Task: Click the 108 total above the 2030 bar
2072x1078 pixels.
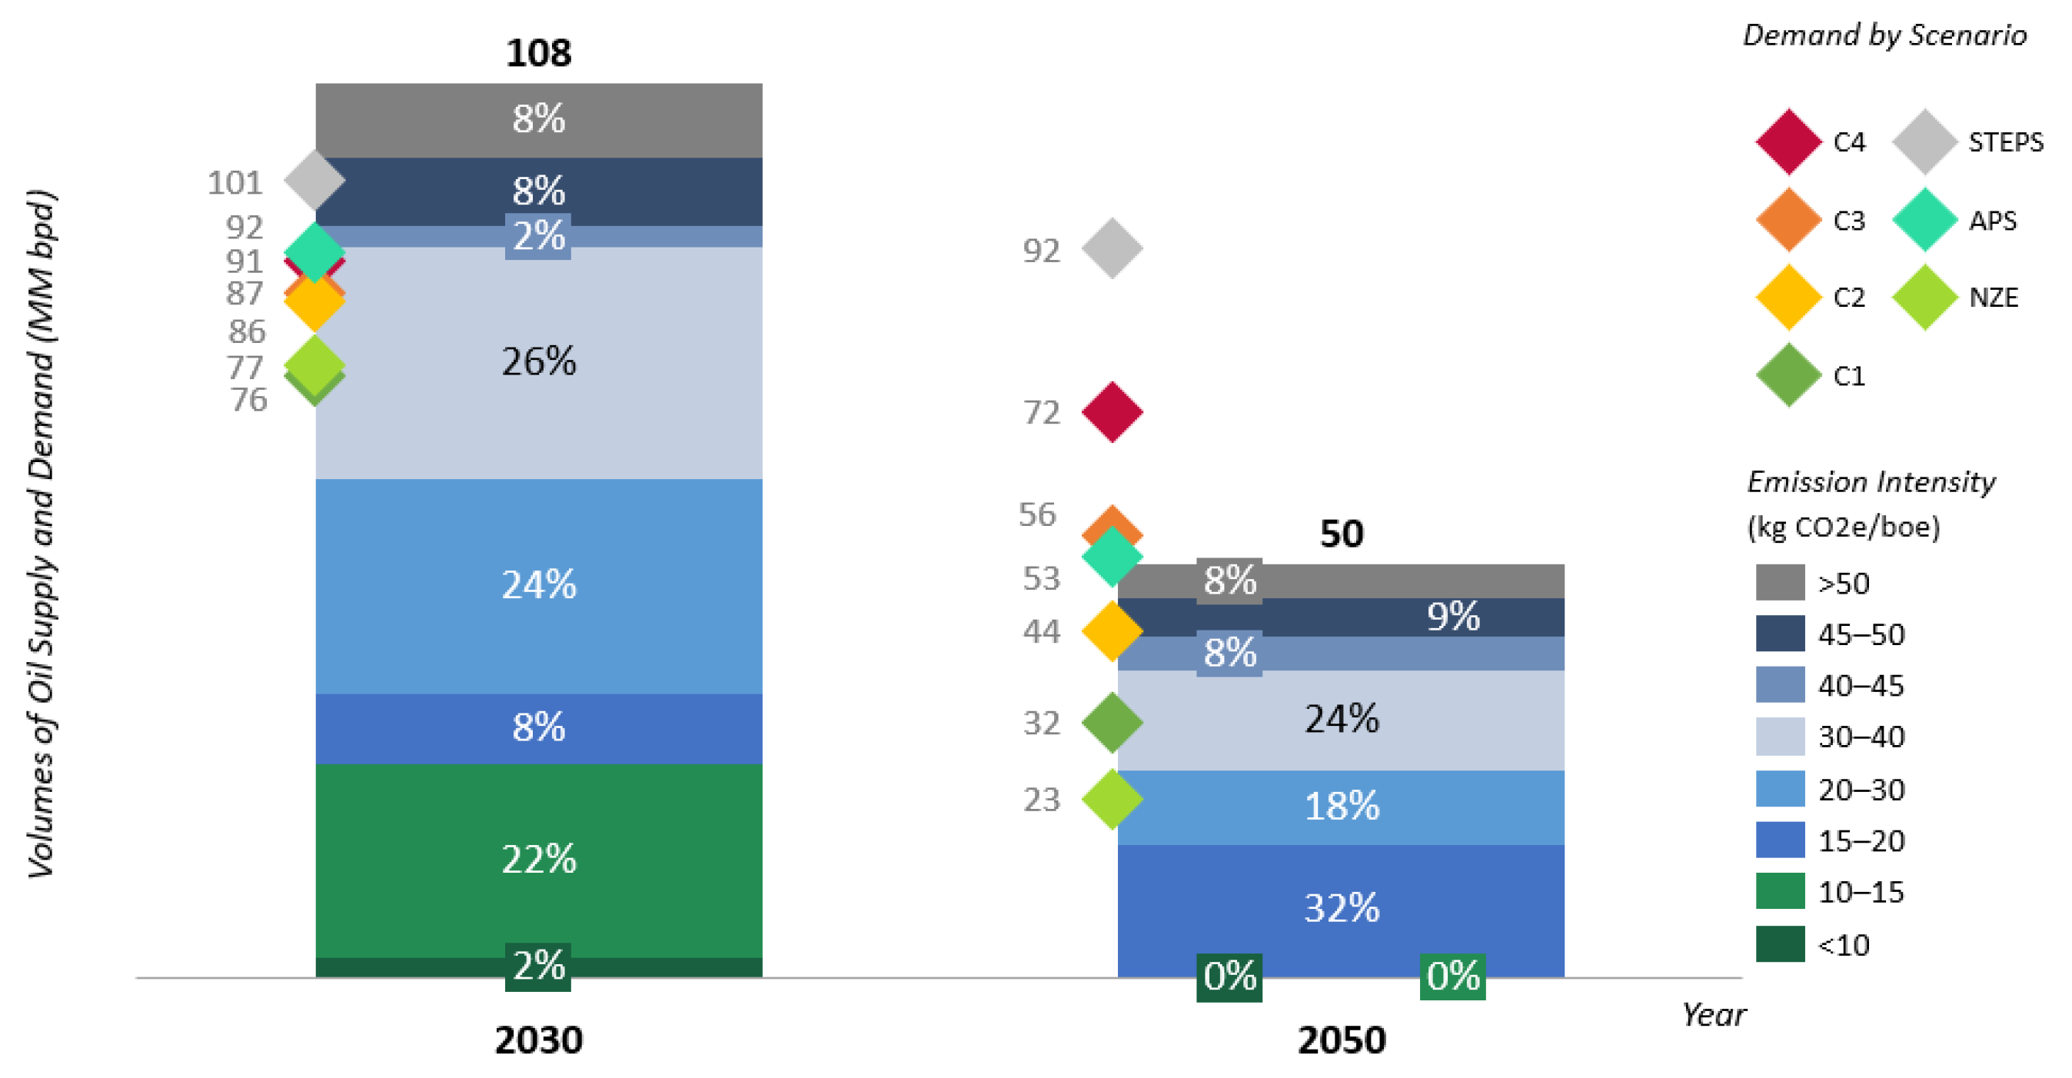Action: tap(538, 53)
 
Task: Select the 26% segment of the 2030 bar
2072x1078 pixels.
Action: tap(538, 362)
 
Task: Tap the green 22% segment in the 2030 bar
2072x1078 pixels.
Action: tap(538, 859)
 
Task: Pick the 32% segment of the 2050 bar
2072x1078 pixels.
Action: tap(1341, 908)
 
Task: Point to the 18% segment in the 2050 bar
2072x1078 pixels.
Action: tap(1341, 806)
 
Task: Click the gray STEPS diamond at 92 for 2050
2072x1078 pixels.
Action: tap(1112, 248)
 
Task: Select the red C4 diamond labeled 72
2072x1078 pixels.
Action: tap(1112, 413)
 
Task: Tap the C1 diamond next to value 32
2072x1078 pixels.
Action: tap(1112, 723)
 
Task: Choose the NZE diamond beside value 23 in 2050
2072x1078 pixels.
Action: tap(1112, 800)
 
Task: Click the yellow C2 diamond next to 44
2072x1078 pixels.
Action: tap(1112, 631)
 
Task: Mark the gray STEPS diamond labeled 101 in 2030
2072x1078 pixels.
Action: tap(314, 180)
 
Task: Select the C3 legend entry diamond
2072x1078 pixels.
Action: tap(1788, 220)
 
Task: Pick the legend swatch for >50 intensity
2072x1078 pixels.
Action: tap(1779, 582)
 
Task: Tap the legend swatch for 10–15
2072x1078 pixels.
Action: tap(1779, 891)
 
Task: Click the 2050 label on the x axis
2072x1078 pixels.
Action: tap(1341, 1040)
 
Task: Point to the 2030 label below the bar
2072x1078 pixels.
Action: tap(538, 1040)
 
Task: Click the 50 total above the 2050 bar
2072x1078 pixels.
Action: tap(1341, 534)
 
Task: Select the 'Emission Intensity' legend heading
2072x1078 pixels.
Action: tap(1870, 482)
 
